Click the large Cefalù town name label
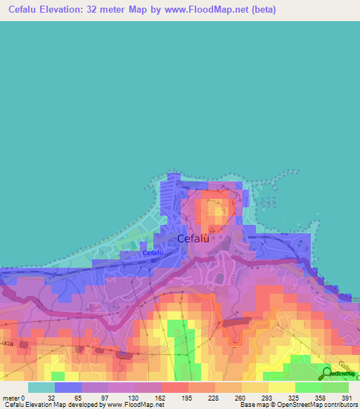[194, 238]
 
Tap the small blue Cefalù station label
[153, 252]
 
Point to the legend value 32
[50, 397]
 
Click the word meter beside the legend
[11, 397]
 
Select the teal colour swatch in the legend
[41, 387]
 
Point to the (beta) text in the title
[262, 10]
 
